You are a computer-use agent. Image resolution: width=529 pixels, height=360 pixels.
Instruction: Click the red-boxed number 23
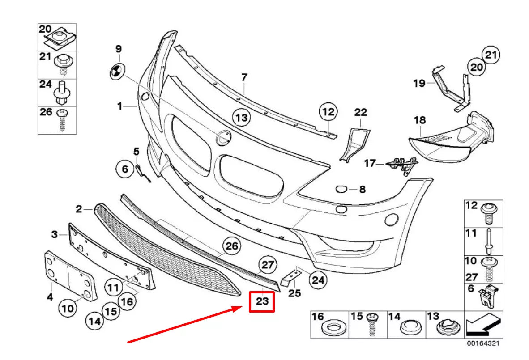[262, 301]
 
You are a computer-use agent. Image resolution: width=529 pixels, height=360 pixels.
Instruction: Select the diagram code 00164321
[482, 344]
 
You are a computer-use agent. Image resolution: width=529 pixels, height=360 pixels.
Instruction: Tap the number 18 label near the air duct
[420, 120]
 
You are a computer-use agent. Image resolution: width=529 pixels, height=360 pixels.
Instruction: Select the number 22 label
[360, 112]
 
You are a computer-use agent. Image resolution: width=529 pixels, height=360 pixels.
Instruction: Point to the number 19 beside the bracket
[418, 83]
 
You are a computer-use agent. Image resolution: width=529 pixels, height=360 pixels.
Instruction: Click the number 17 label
[370, 164]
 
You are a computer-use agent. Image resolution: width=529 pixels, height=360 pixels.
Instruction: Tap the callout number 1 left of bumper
[119, 106]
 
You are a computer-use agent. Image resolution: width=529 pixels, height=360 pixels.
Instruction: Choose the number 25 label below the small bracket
[294, 293]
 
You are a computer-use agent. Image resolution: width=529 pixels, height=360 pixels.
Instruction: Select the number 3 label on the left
[54, 234]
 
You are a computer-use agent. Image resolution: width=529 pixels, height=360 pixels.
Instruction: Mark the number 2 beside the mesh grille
[79, 208]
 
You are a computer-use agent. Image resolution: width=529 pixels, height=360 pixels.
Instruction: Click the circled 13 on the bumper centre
[241, 118]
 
